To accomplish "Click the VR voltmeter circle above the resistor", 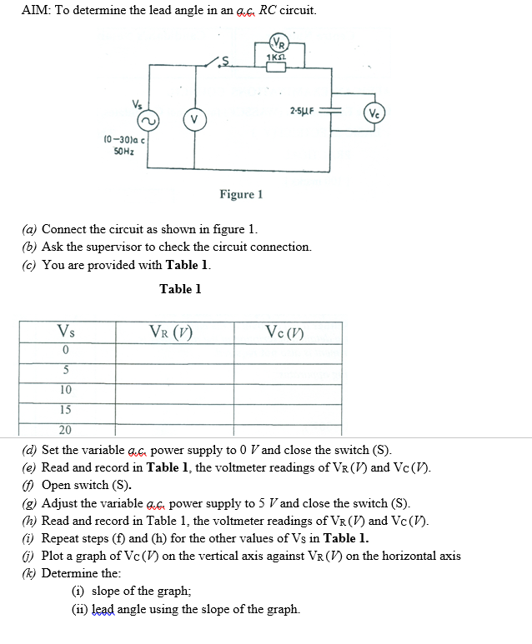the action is (279, 42).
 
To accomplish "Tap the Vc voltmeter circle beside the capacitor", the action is (374, 112).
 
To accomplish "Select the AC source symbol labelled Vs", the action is (148, 121).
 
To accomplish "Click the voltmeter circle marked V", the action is (194, 120).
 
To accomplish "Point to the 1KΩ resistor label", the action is (275, 57).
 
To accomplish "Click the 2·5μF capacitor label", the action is (302, 111).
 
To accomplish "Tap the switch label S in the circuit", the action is (225, 61).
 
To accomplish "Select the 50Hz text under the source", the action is (123, 151).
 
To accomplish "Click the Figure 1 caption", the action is (241, 194).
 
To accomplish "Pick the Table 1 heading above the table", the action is (180, 289).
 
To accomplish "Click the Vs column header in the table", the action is (66, 331).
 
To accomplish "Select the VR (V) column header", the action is (171, 332).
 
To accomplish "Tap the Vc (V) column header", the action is (284, 332).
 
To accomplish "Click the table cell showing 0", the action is (65, 350).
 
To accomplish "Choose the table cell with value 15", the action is (65, 410).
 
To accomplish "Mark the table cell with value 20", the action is (65, 430).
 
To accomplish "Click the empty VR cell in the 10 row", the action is (175, 393).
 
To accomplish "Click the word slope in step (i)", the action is (106, 591).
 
